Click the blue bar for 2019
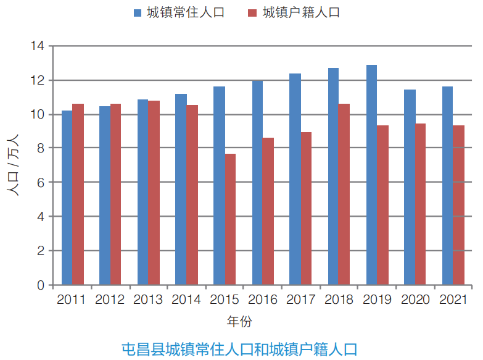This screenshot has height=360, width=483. tap(371, 175)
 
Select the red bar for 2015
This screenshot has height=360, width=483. tap(230, 220)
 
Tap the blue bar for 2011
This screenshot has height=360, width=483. tap(67, 198)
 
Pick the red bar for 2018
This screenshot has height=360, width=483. tap(344, 195)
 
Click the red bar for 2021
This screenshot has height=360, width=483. tap(458, 206)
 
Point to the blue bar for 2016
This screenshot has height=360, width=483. tap(257, 183)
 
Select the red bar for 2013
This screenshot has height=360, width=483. tap(154, 193)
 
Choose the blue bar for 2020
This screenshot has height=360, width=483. tap(410, 188)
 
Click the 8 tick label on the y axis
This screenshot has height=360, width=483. tap(40, 148)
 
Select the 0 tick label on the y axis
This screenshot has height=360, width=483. tap(40, 285)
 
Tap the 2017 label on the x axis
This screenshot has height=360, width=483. tap(300, 300)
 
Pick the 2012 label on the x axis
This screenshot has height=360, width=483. tap(110, 300)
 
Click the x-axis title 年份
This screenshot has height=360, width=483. tap(240, 322)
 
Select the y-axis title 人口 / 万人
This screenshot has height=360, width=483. tap(14, 165)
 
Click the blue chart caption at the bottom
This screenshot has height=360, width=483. tap(240, 348)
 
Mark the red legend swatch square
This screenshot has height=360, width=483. tap(251, 13)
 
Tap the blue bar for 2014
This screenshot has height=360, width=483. tap(181, 190)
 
